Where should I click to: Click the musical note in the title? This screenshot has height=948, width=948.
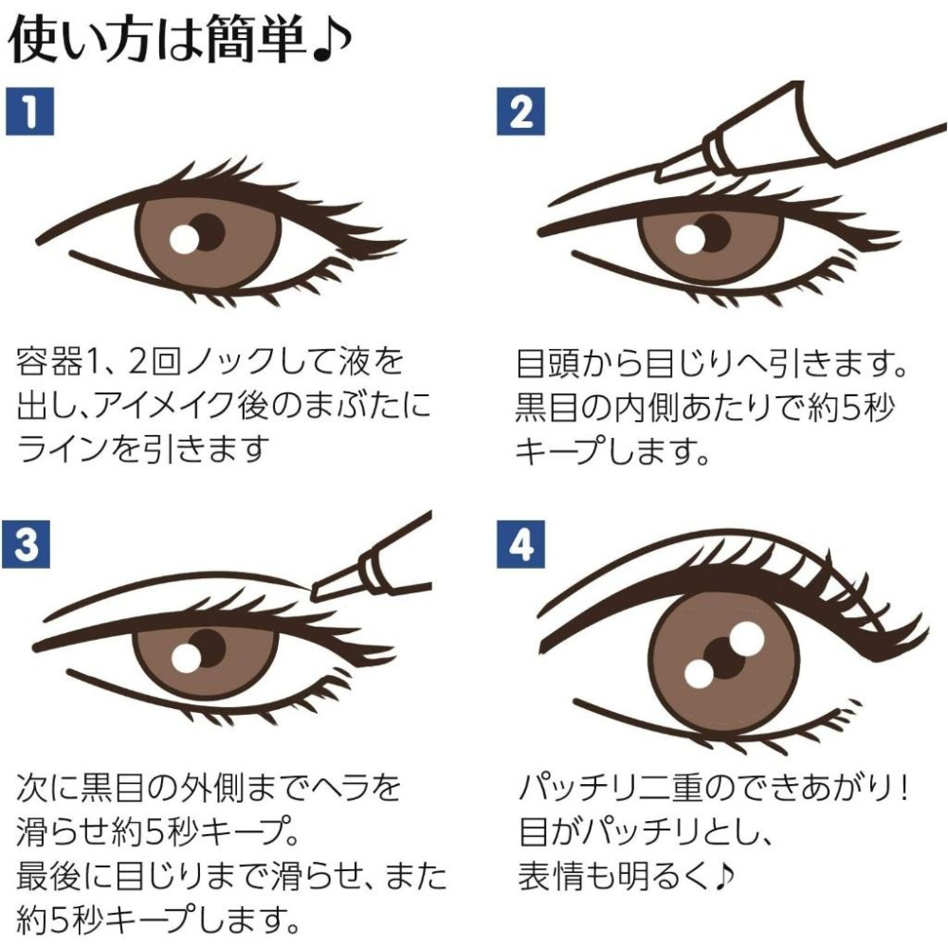point(334,40)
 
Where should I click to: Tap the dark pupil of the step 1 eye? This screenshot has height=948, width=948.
point(206,230)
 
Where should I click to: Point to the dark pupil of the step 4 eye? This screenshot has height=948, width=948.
point(728,656)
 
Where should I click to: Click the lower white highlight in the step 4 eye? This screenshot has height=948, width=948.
point(699,673)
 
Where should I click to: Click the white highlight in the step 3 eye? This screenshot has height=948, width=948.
point(185,659)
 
